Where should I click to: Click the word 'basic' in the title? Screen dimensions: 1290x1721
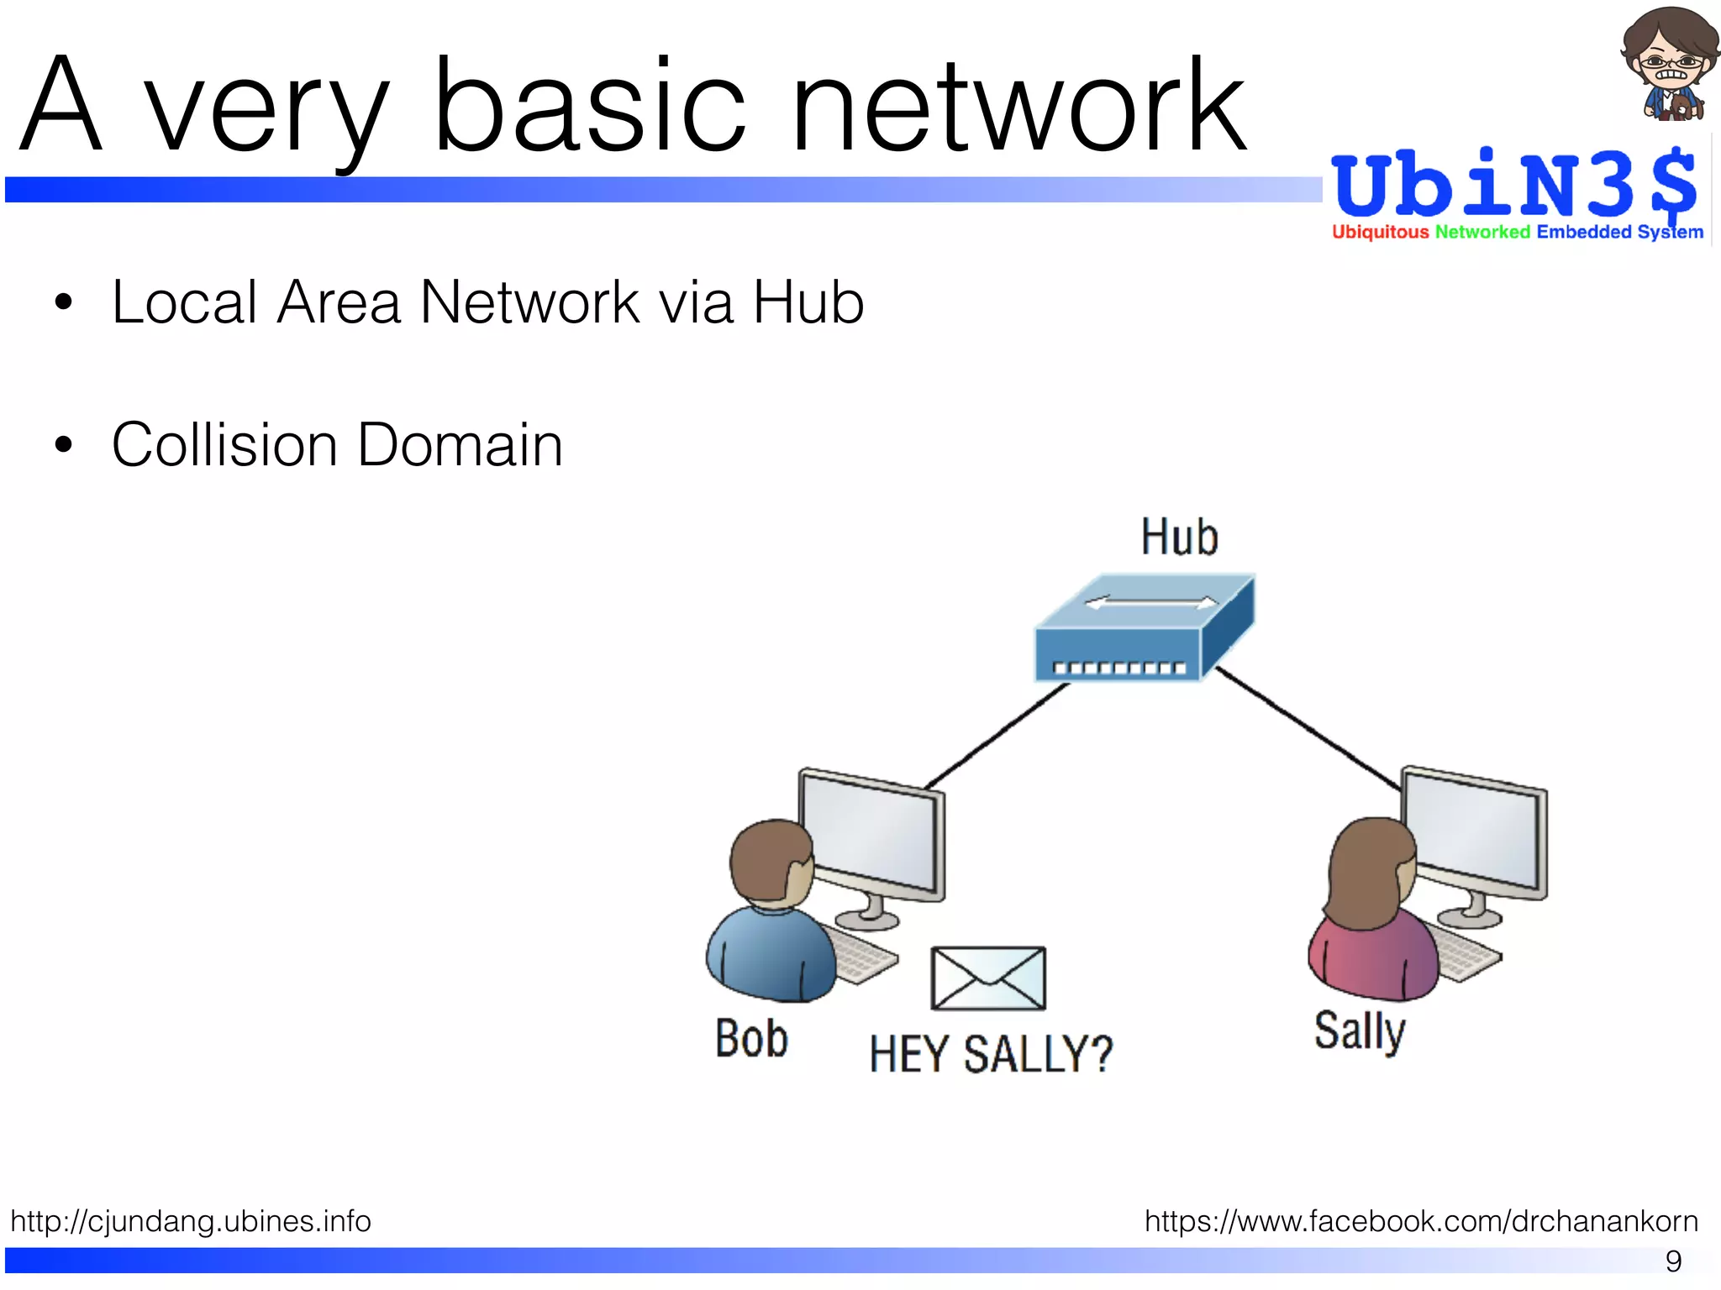click(x=588, y=105)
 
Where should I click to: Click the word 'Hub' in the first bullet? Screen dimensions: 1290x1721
click(x=808, y=302)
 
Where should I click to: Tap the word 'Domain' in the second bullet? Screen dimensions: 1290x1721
click(x=460, y=444)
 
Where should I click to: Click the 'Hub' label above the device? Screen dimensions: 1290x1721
click(x=1179, y=537)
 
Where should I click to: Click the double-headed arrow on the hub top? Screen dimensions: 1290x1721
click(x=1151, y=602)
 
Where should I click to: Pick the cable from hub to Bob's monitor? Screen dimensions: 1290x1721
click(x=996, y=736)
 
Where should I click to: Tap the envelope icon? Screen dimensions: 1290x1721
click(x=988, y=978)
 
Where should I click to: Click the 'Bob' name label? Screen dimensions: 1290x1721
click(x=751, y=1039)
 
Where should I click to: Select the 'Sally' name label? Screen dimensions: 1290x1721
click(x=1359, y=1031)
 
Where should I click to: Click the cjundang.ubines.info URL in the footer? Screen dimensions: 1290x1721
click(x=191, y=1220)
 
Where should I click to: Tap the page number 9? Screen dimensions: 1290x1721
click(x=1673, y=1261)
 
